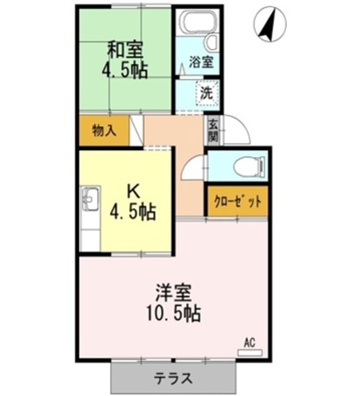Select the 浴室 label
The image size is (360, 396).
point(202,62)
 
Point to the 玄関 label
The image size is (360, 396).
point(213,131)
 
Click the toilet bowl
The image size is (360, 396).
point(249,166)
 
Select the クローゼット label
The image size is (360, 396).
point(238,202)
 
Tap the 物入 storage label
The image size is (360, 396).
point(105,131)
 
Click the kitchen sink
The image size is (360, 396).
point(90,199)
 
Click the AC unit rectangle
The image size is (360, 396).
point(250,353)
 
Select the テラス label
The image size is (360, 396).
point(173,379)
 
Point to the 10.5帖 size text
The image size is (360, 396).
point(173,314)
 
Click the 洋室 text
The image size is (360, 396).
point(173,293)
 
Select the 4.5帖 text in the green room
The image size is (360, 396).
point(125,70)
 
